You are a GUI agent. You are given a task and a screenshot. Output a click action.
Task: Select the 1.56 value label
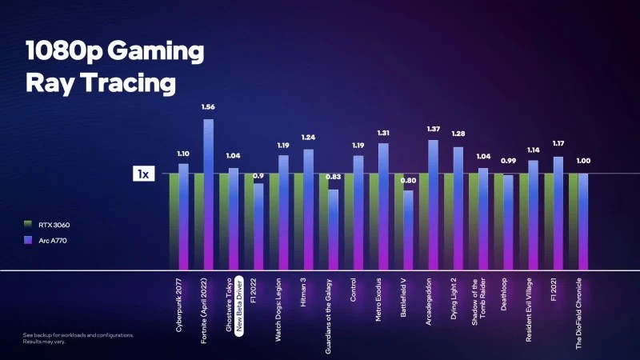click(208, 106)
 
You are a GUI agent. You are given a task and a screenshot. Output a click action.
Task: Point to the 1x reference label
click(143, 174)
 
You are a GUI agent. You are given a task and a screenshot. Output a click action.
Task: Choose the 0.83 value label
click(333, 177)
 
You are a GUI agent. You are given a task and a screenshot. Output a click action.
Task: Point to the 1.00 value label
click(584, 161)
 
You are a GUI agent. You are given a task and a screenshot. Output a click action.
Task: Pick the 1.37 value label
click(434, 128)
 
